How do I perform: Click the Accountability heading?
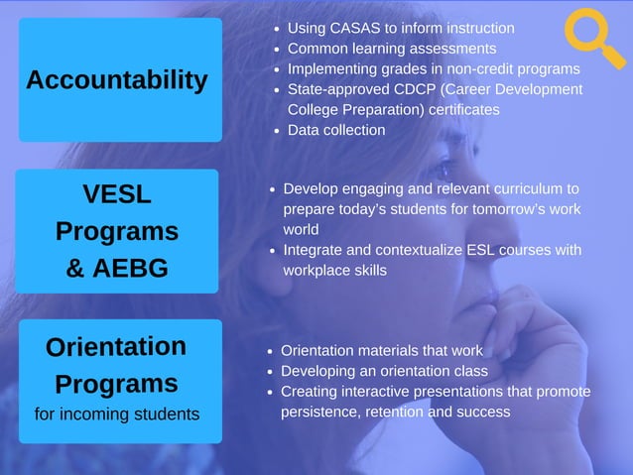click(x=117, y=80)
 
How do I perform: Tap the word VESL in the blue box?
click(x=117, y=194)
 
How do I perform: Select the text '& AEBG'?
click(x=117, y=268)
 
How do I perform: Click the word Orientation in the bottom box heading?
click(x=116, y=347)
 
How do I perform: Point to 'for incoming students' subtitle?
click(x=117, y=413)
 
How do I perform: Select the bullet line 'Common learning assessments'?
click(x=392, y=48)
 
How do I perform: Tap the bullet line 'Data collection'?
click(x=336, y=130)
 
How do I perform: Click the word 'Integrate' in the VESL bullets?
click(x=316, y=250)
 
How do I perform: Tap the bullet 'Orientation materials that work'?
click(x=382, y=350)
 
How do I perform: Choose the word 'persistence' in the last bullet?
click(x=320, y=412)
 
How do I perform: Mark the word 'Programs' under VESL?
click(x=117, y=231)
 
